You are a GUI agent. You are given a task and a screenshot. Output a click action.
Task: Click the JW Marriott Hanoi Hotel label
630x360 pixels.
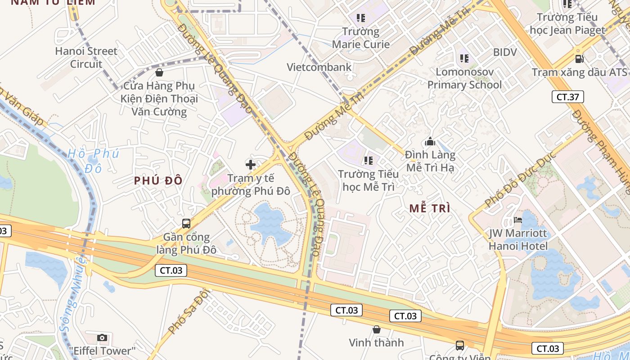coord(518,240)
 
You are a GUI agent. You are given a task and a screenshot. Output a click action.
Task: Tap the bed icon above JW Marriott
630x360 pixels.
coord(518,220)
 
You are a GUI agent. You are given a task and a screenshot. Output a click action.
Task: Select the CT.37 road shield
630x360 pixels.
coord(568,96)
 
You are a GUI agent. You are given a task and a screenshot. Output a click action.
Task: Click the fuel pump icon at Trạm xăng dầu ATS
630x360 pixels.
coord(580,58)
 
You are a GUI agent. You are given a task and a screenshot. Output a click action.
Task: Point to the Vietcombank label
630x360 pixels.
coord(319,67)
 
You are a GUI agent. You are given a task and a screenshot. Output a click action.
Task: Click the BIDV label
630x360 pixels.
coord(505,52)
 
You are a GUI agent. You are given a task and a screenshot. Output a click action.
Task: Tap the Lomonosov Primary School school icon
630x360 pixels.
coord(464,58)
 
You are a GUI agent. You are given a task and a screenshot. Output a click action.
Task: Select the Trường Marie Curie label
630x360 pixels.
coord(360,38)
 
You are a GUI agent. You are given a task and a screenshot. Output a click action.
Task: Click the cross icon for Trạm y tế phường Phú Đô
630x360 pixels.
coord(251,165)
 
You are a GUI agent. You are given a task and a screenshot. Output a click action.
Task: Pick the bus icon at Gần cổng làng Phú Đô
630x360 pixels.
coord(186,223)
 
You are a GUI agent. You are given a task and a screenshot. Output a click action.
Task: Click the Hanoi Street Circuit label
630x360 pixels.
coord(86,58)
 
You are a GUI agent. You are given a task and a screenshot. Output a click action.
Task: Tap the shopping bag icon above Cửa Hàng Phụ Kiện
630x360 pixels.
coord(159,72)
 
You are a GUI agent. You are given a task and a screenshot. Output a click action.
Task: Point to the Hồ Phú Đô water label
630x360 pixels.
coord(93,160)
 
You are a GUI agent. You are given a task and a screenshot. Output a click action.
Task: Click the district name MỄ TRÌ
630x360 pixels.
coord(430,208)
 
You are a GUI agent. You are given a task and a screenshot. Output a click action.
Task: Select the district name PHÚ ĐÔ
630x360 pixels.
coord(158,181)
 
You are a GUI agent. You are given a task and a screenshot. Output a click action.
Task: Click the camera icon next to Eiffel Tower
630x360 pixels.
coord(102,337)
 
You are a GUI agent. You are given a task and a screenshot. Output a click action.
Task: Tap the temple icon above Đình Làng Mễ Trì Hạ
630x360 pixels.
coord(430,142)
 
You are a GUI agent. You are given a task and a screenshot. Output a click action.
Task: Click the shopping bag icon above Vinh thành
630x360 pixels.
coord(376,329)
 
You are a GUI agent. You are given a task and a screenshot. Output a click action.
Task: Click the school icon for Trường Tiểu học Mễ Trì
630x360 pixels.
coord(369,160)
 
